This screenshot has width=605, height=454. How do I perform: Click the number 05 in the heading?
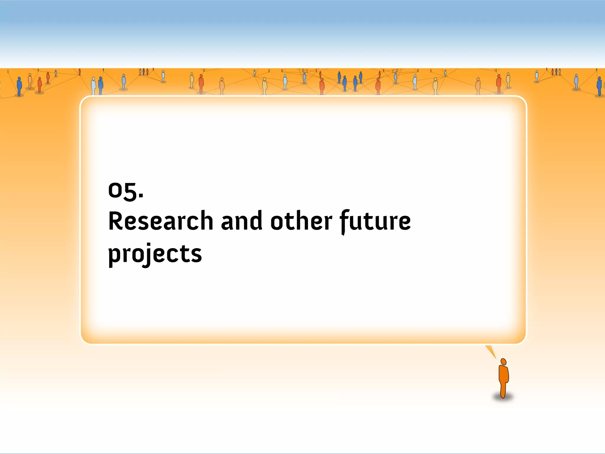[121, 190]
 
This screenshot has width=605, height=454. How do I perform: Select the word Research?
[161, 221]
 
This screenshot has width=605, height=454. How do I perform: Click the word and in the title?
[241, 221]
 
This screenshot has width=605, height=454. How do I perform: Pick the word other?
[301, 221]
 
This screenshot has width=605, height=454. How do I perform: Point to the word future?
[375, 221]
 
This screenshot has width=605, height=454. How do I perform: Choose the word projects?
[155, 254]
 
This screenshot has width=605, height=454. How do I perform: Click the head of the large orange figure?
[504, 362]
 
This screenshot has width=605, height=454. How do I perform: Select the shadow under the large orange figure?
[503, 398]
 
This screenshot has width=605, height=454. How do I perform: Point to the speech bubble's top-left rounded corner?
[86, 101]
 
